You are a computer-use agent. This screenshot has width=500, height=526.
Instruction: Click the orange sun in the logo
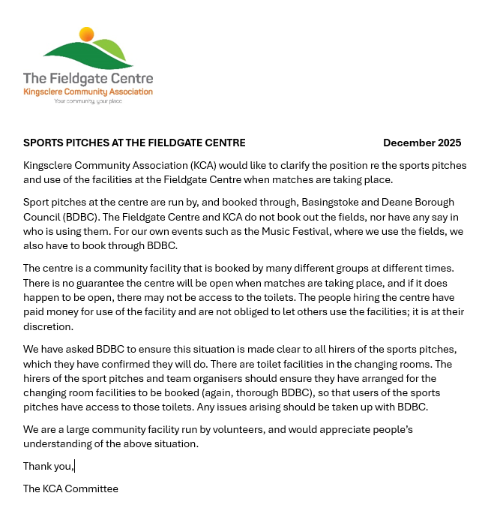click(87, 34)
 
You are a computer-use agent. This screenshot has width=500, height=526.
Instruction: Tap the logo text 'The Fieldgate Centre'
click(88, 79)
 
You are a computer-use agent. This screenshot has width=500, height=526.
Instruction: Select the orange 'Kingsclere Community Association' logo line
click(88, 92)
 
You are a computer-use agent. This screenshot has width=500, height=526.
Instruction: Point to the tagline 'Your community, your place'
click(88, 101)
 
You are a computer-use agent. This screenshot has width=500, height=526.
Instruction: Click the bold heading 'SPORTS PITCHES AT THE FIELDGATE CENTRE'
click(134, 143)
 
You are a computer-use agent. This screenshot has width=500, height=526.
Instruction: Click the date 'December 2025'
click(422, 143)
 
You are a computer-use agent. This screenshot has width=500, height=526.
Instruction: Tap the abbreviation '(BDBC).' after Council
click(87, 217)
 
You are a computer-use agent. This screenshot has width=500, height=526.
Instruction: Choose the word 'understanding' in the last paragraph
click(55, 444)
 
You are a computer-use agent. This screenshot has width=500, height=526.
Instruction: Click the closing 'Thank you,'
click(49, 466)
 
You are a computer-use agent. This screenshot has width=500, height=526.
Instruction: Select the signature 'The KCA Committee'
click(70, 488)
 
